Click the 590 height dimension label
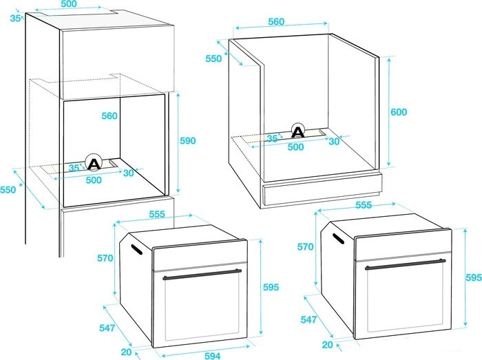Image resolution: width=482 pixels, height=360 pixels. point(187,140)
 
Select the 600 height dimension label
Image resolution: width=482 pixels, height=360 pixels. point(399,112)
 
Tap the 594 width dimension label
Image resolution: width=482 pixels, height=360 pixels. point(212,356)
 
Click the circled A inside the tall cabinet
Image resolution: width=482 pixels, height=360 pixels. point(94,162)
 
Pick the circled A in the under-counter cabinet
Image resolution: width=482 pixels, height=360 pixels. point(297,131)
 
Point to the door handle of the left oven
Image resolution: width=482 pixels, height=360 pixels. point(202,274)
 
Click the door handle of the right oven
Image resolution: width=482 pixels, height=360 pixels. point(405,264)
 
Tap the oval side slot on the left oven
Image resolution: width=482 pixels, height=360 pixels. point(136,249)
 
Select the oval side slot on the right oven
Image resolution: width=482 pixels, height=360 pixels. point(338,238)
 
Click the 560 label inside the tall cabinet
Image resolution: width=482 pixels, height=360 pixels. point(109,116)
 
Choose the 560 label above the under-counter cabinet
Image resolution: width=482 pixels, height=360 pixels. point(276,22)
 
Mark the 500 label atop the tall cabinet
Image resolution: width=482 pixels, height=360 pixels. point(69,4)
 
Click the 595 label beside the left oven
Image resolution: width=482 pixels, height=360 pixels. point(271,287)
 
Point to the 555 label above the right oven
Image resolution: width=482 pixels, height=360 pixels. point(364,205)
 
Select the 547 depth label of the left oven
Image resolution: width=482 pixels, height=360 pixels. point(107,328)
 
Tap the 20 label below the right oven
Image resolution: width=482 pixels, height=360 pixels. point(327,345)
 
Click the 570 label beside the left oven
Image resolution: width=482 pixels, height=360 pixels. point(105,258)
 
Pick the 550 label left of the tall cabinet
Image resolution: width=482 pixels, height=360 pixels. point(8,190)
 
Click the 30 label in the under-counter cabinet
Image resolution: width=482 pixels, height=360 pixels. point(334,141)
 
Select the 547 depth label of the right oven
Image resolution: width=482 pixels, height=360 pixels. point(308,319)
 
